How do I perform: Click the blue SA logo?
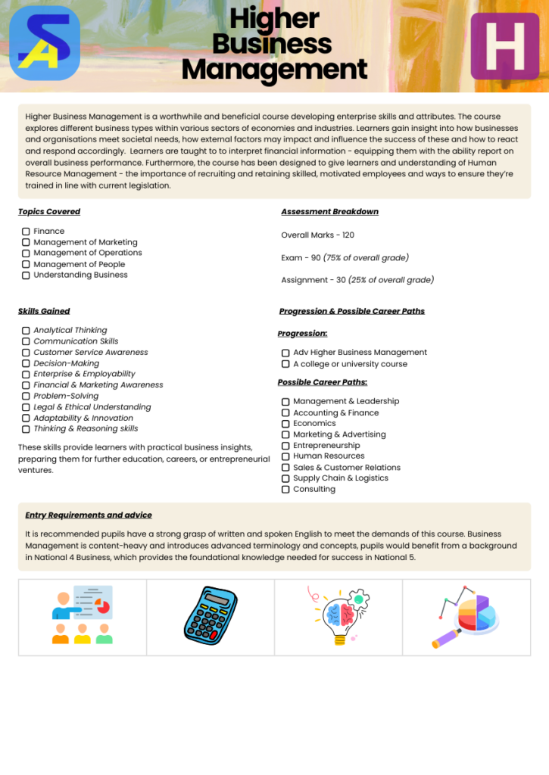coord(45,43)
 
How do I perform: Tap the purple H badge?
coord(504,46)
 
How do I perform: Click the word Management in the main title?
coord(274,70)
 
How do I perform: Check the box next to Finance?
coord(26,232)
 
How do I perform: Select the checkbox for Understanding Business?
coord(26,275)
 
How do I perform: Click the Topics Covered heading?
coord(49,212)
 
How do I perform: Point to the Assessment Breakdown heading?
coord(329,212)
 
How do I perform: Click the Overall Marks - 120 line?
coord(317,235)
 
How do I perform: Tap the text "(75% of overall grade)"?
coord(366,258)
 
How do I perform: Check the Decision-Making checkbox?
coord(26,364)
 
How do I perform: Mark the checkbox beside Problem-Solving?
coord(26,397)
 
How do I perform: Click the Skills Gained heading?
coord(44,311)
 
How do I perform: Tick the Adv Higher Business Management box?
coord(285,353)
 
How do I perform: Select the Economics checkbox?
coord(285,424)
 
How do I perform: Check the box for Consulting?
coord(285,490)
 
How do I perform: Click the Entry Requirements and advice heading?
coord(89,515)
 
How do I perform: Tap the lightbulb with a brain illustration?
coord(338,615)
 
